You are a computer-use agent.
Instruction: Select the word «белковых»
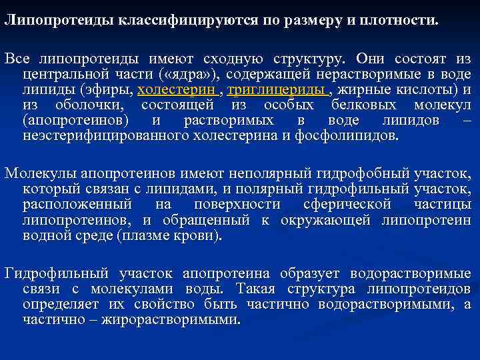tap(361, 105)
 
